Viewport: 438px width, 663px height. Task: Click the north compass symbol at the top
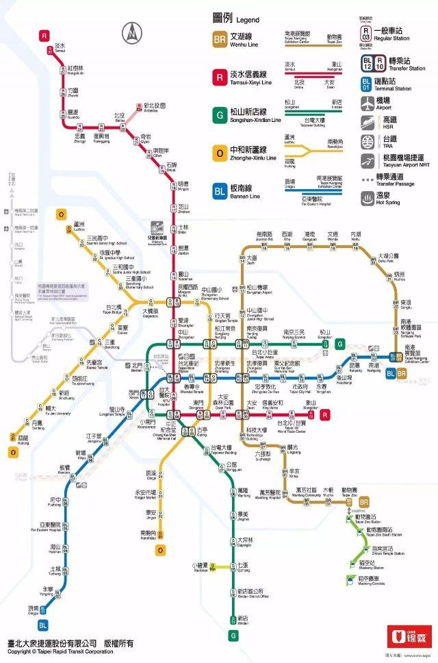pos(130,33)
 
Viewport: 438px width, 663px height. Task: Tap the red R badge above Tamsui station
pos(44,35)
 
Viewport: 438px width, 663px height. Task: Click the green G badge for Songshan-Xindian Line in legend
pos(220,115)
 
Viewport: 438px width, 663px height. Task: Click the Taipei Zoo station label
pos(350,491)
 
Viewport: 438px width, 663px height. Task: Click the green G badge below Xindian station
pos(233,636)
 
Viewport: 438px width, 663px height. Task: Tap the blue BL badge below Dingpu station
pos(43,625)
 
